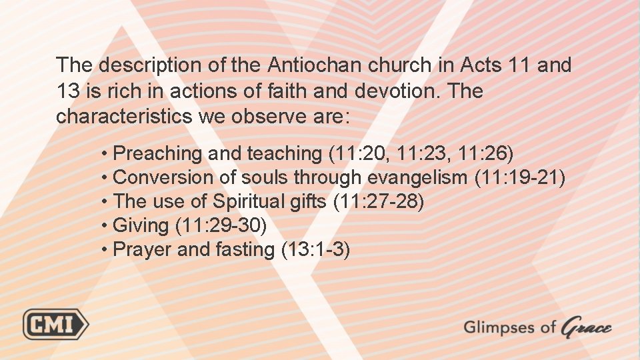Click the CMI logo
click(56, 325)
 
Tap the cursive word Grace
click(586, 327)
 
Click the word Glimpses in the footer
click(500, 327)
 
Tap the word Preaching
click(158, 153)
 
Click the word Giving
click(141, 225)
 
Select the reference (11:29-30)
click(221, 225)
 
